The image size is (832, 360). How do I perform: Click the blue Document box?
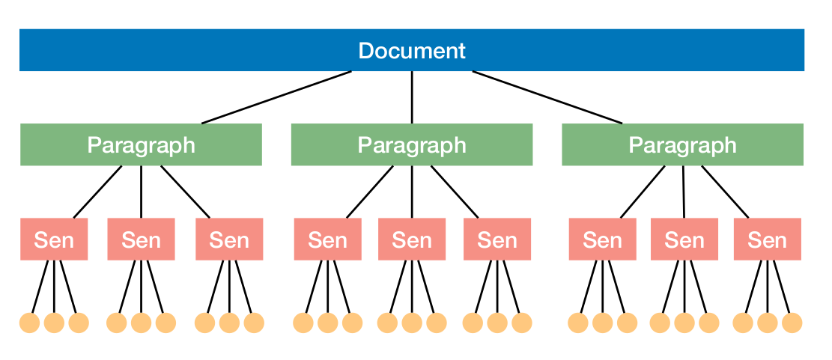(411, 50)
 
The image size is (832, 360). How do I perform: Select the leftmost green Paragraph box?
(141, 144)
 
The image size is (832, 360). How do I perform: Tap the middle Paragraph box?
(411, 144)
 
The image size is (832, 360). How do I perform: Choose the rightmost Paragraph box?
(682, 144)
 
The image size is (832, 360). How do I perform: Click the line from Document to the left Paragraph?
(277, 97)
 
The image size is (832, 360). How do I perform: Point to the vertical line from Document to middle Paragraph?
(412, 97)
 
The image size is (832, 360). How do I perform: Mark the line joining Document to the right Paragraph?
(547, 97)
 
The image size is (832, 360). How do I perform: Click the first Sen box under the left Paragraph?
(54, 240)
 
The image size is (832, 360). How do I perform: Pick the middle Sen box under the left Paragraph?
(141, 240)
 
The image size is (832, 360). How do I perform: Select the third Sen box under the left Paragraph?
(229, 240)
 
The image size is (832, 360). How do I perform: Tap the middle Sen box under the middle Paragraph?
(412, 240)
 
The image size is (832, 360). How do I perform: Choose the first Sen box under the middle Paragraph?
(328, 240)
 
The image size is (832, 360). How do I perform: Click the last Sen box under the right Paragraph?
(767, 240)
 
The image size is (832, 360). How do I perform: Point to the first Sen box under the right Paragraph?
(602, 240)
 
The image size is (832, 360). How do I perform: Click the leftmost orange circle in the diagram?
(29, 323)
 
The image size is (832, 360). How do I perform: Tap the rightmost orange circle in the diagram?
(792, 323)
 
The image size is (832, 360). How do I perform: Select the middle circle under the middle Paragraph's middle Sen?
(412, 323)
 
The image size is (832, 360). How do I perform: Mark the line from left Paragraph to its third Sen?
(185, 192)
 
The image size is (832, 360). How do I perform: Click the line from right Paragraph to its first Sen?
(643, 192)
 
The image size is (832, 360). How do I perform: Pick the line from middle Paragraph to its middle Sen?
(412, 192)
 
